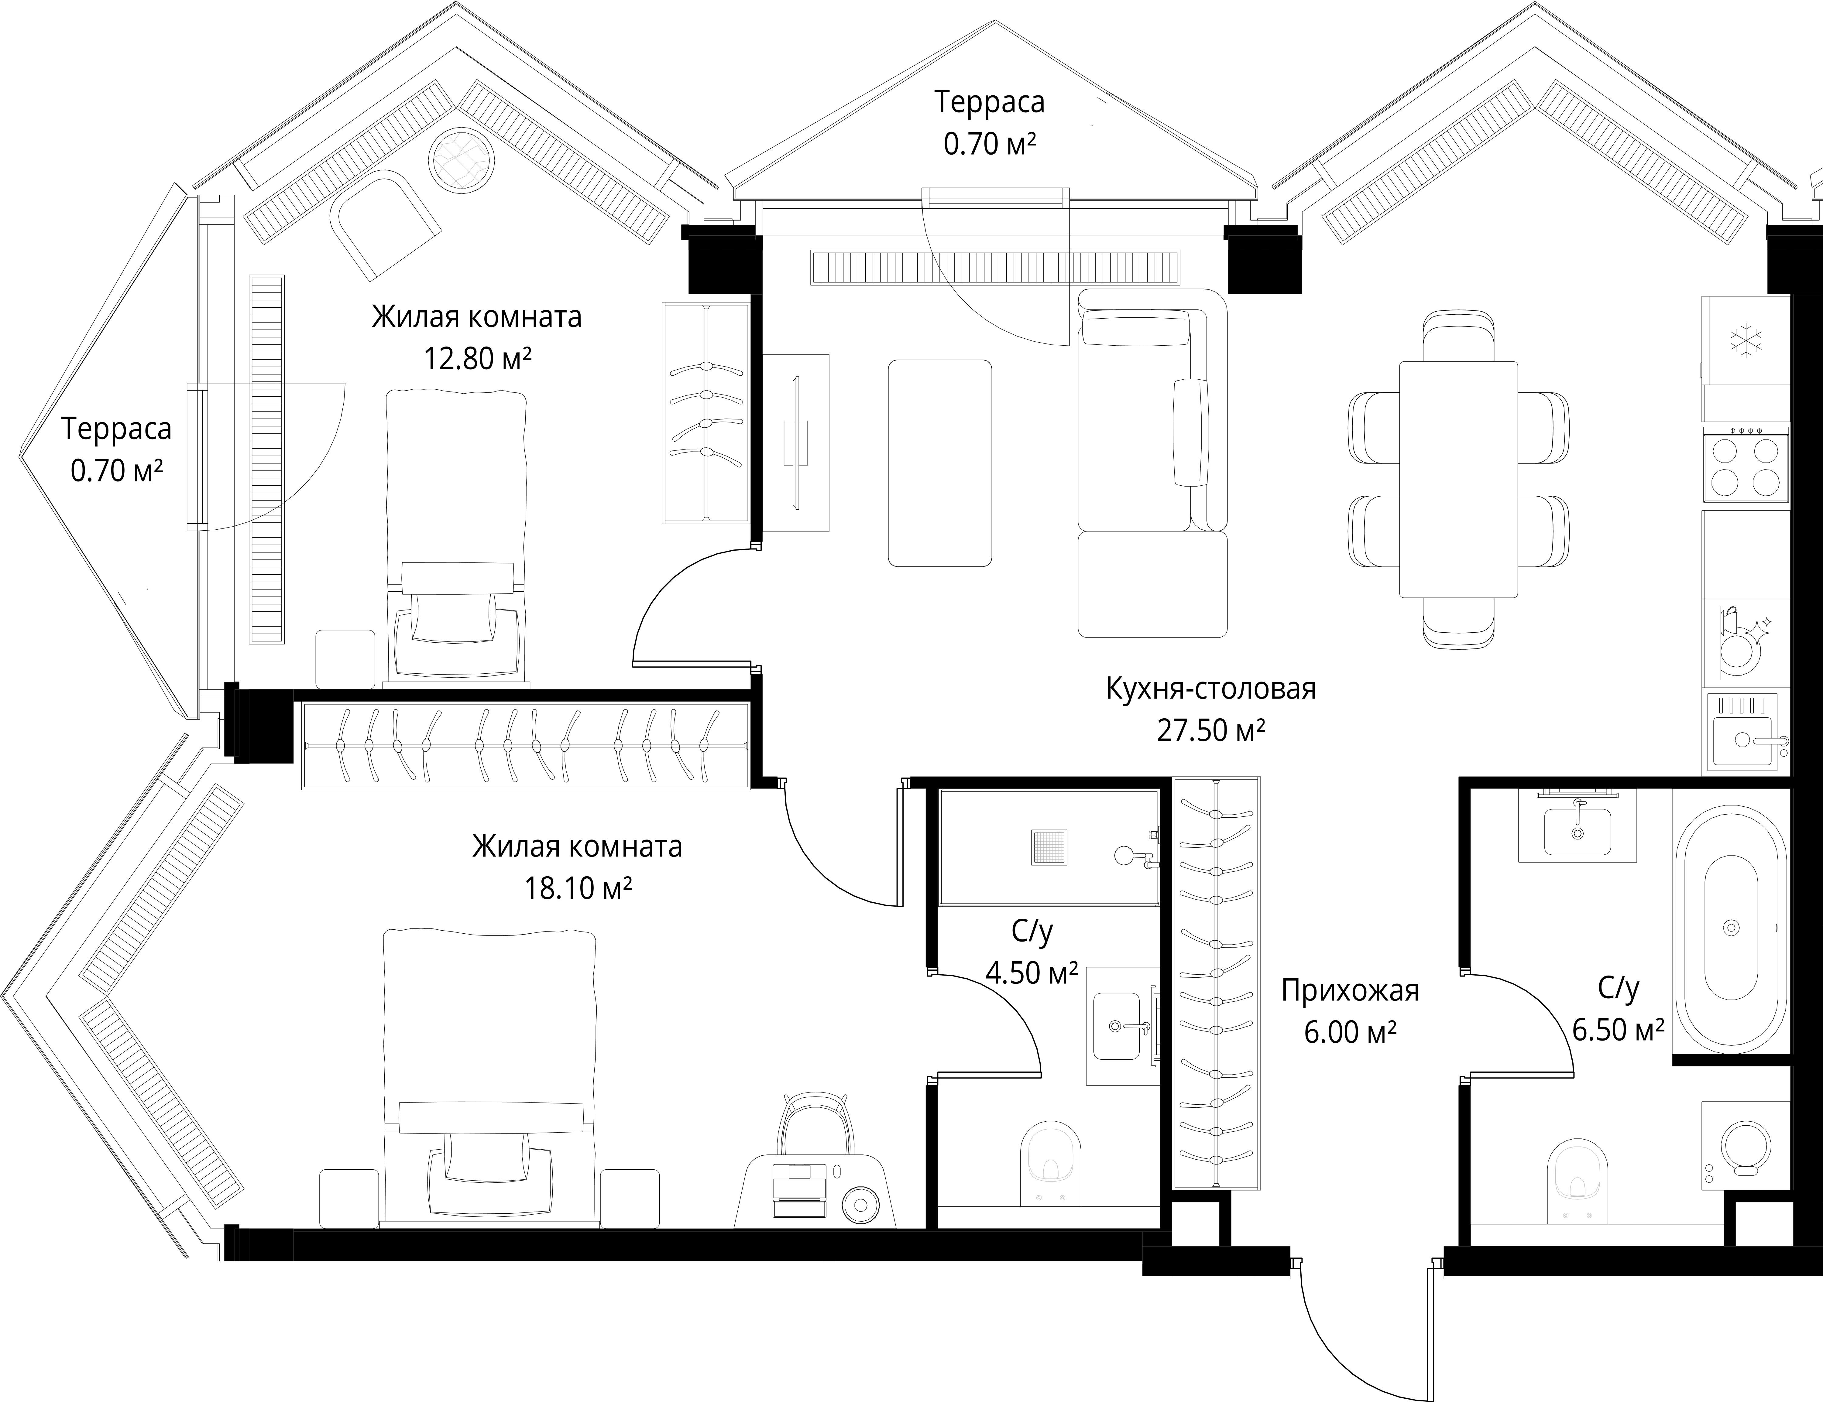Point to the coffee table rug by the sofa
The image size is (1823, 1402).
point(940,463)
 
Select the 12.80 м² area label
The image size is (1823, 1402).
point(477,359)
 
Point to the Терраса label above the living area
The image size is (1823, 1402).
point(990,102)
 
